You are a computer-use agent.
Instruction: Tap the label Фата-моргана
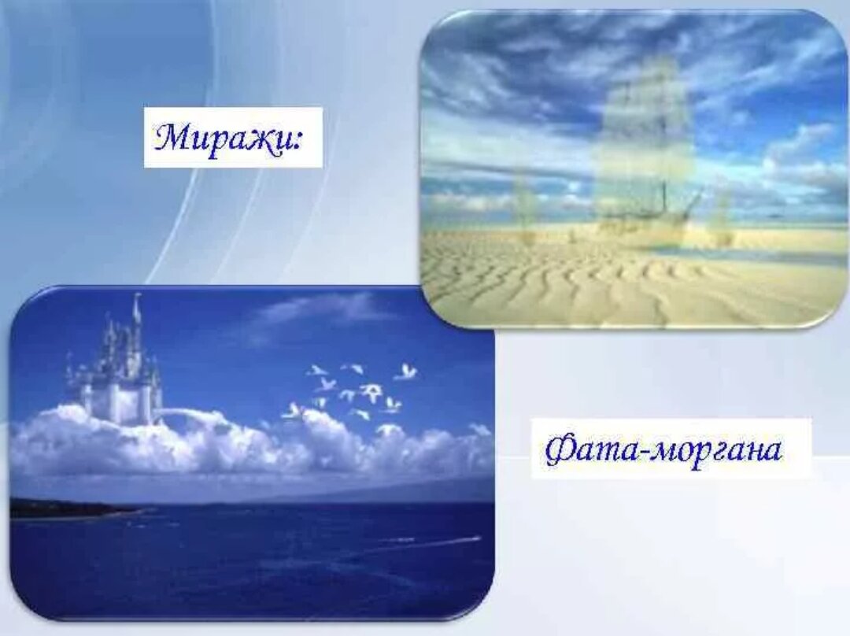pos(663,449)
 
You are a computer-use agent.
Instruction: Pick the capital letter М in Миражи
pos(173,138)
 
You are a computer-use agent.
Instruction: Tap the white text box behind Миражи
pos(233,138)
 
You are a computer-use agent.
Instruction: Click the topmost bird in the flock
pos(407,372)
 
